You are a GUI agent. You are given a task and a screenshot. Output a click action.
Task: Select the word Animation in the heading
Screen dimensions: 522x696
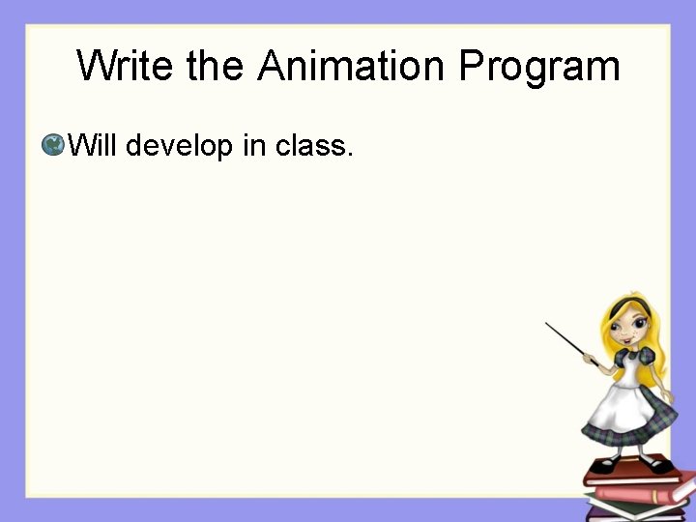click(x=353, y=66)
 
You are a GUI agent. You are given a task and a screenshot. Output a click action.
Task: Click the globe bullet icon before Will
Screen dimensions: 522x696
click(x=53, y=146)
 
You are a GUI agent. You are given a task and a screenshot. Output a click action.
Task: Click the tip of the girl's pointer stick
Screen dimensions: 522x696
click(x=547, y=324)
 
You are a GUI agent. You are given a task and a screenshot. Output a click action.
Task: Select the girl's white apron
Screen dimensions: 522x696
click(x=620, y=406)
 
